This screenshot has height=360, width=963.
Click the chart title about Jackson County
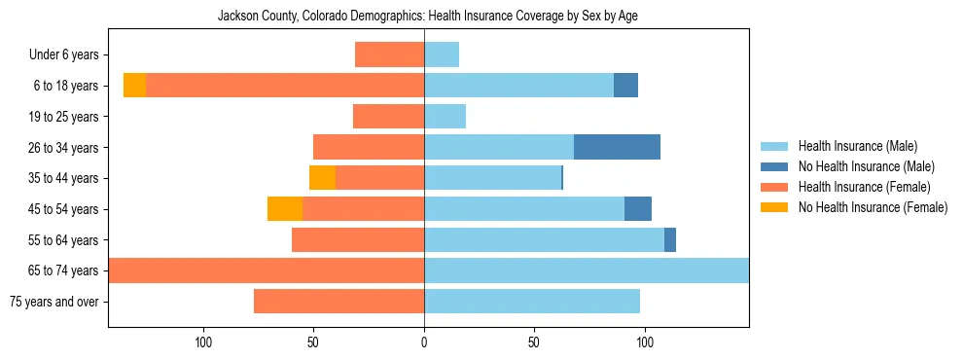coord(428,17)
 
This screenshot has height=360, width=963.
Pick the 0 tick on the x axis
coord(424,342)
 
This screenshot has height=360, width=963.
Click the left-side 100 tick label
coord(203,342)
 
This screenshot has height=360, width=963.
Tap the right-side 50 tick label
coord(534,342)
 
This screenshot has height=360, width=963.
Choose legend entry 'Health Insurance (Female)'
coord(864,187)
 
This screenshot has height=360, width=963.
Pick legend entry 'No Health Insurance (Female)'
coord(873,207)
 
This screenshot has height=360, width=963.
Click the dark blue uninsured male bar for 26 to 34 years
coord(617,147)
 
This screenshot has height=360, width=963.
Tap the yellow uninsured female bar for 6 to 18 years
coord(134,86)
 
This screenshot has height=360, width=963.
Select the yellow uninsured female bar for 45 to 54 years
coord(285,209)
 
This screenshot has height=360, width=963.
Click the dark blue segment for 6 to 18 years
coord(625,86)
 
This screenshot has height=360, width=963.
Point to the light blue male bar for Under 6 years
coord(442,54)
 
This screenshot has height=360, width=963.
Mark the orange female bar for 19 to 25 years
coord(388,117)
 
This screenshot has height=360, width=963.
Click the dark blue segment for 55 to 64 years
coord(670,239)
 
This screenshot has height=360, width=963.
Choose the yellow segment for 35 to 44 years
coord(322,178)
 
